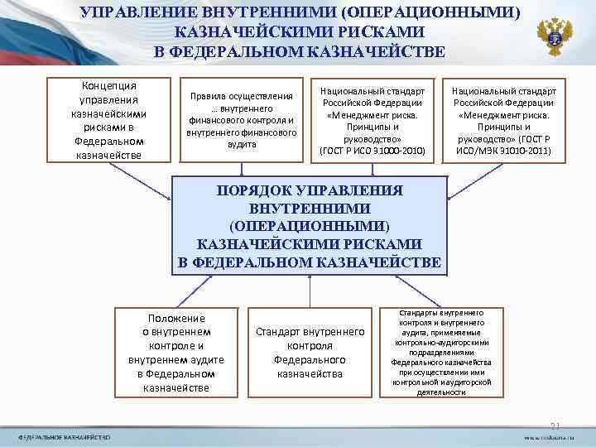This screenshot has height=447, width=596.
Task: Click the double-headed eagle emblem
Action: click(554, 36)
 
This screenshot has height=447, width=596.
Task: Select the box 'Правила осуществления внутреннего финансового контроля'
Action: click(241, 120)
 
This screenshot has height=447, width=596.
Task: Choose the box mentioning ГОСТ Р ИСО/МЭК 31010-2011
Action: click(503, 120)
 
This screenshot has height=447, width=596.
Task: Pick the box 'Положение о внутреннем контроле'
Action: click(175, 353)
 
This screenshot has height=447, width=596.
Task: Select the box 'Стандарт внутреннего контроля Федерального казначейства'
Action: click(310, 353)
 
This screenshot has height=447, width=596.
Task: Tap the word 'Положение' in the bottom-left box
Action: click(175, 318)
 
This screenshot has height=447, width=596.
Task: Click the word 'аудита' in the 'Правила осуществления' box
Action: click(241, 143)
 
